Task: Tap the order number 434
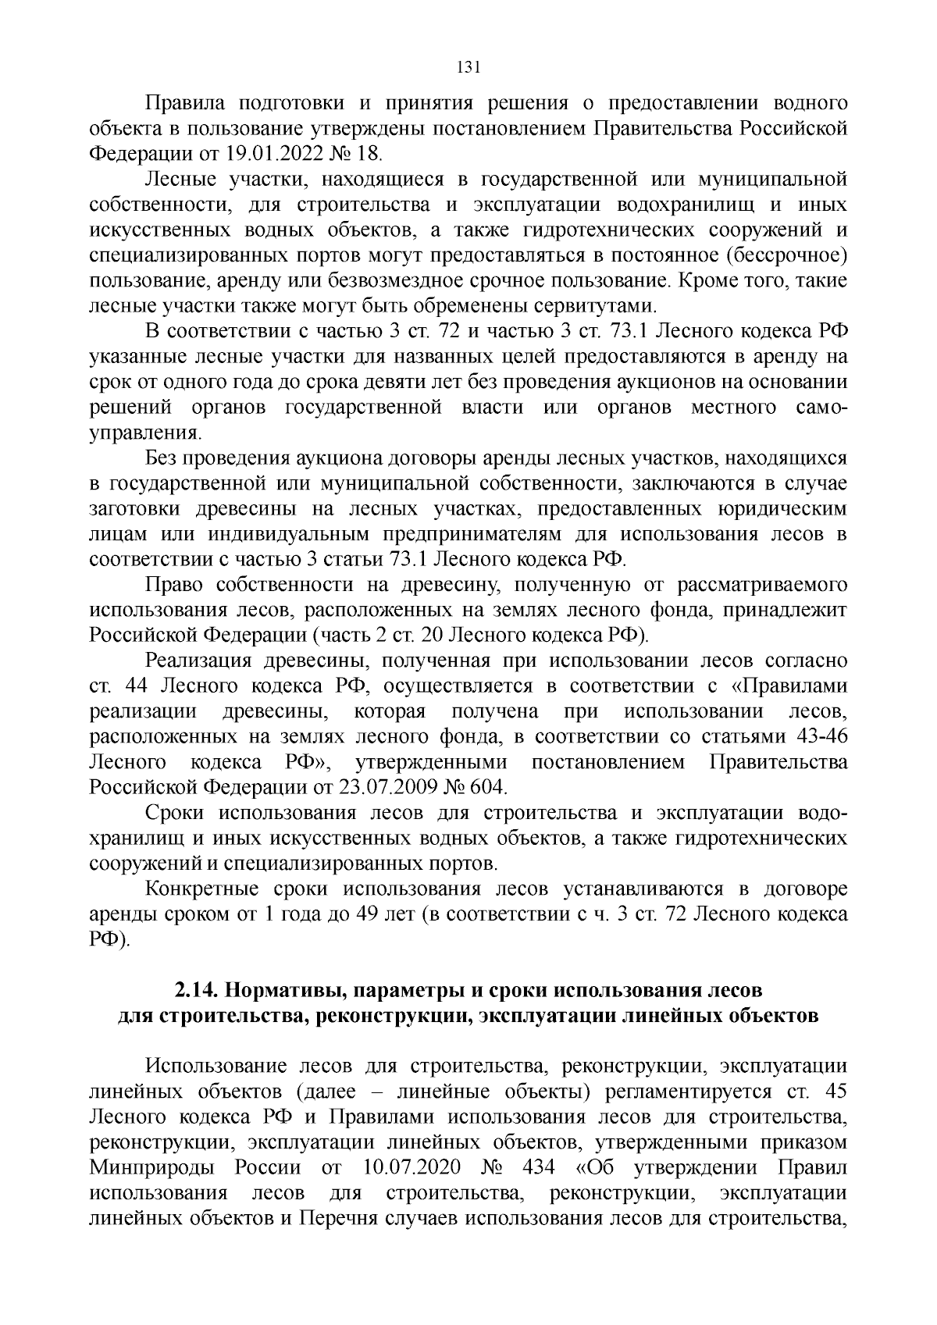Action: click(x=540, y=1168)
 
